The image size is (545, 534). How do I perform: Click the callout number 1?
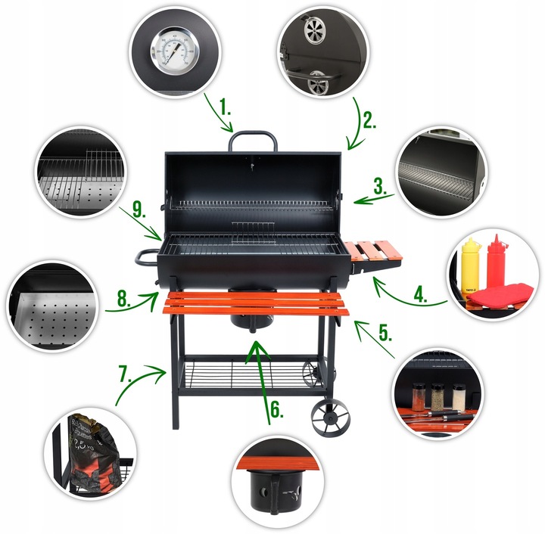click(x=226, y=107)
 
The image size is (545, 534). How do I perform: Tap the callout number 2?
click(x=368, y=120)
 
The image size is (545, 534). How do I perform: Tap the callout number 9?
click(x=137, y=210)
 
